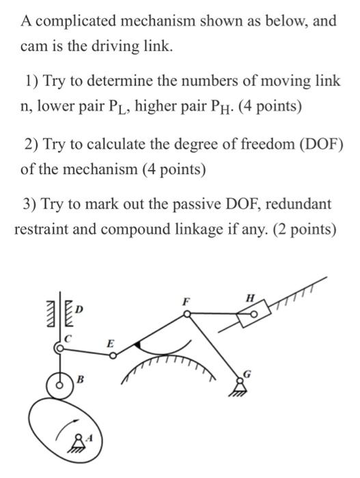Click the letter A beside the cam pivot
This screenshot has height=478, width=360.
pos(89,438)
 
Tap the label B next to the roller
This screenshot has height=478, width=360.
pos(80,380)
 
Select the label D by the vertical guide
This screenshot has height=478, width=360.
pos(79,309)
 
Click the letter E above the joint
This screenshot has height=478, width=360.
pos(110,344)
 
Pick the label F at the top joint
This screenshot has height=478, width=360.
pos(185,302)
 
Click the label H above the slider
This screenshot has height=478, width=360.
pos(250,298)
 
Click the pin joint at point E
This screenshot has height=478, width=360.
pos(113,356)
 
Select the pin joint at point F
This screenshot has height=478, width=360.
pos(187,313)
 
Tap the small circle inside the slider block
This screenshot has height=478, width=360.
pos(254,313)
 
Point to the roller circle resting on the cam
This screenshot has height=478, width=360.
pos(60,385)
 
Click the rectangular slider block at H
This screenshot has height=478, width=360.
pos(254,313)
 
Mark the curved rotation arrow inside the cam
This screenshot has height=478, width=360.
pos(66,429)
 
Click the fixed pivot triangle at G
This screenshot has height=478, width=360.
pos(240,387)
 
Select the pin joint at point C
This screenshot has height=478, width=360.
pos(60,348)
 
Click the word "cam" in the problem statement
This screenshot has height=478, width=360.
pos(31,46)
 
